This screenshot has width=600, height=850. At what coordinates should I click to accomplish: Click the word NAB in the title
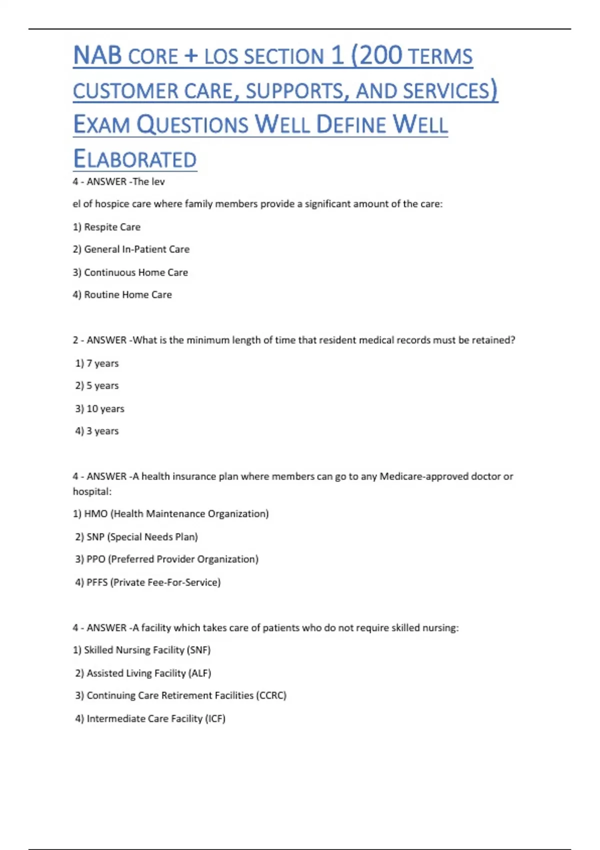(97, 55)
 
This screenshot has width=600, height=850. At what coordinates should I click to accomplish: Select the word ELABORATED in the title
(135, 159)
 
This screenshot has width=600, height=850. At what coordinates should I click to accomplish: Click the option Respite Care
(107, 227)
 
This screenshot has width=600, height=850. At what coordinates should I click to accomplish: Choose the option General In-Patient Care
(131, 249)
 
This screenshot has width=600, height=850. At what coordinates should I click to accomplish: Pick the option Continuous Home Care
(130, 272)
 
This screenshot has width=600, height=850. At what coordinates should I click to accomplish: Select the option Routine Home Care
(122, 294)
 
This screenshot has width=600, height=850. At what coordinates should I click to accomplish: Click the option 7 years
(97, 363)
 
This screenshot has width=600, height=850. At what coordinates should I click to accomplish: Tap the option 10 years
(100, 408)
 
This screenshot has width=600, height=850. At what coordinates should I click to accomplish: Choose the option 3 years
(97, 430)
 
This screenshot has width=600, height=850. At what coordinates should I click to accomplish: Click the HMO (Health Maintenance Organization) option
(171, 513)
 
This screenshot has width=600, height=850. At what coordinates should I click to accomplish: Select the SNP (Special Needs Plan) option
(136, 536)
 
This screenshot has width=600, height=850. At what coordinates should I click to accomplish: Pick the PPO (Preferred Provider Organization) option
(167, 559)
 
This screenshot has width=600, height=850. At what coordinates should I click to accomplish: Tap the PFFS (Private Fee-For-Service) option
(148, 582)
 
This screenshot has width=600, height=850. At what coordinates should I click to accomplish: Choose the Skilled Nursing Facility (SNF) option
(142, 650)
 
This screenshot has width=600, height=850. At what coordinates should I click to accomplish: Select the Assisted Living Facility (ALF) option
(143, 673)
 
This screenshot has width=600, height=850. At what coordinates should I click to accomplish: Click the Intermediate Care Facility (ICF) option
(150, 718)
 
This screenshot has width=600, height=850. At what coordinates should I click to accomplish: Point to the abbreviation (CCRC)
(271, 695)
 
